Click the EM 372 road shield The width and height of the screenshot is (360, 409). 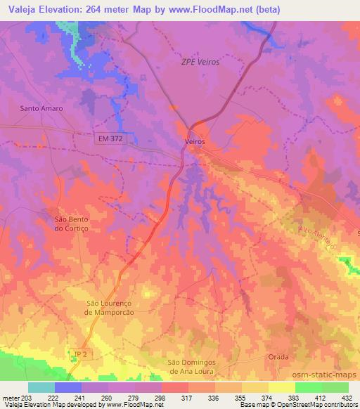[x=110, y=141]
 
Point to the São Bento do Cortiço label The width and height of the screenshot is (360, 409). [x=74, y=223]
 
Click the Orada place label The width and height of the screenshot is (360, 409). [x=278, y=357]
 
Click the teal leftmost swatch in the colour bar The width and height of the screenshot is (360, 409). [x=41, y=388]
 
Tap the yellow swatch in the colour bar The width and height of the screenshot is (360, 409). [x=281, y=388]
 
